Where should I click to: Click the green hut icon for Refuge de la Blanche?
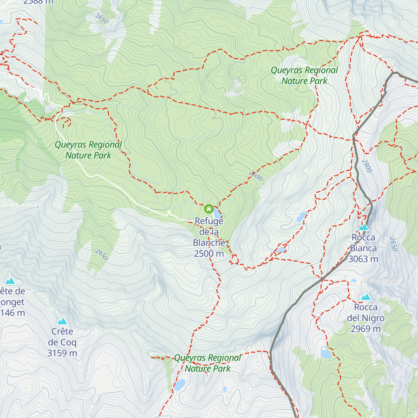point(209,209)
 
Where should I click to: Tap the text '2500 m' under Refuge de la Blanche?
point(209,254)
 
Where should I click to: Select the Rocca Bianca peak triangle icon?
point(364,227)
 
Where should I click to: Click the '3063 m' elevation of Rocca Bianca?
point(363,259)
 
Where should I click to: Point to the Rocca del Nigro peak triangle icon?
point(366,297)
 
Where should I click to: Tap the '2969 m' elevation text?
point(365,329)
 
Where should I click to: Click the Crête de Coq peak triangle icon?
point(62,321)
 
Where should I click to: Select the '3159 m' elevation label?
point(62,353)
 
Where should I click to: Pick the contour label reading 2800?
point(367,166)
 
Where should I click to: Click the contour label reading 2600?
point(256,176)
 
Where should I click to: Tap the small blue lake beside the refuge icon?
point(217,212)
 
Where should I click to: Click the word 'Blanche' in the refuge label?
point(209,243)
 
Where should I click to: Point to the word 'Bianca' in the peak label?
point(363,248)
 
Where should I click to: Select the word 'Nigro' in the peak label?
point(373,318)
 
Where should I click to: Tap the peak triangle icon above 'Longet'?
point(10,281)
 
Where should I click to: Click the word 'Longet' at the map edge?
point(12,302)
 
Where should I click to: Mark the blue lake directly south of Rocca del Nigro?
point(326,354)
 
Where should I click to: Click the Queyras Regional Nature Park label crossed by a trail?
point(208,363)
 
